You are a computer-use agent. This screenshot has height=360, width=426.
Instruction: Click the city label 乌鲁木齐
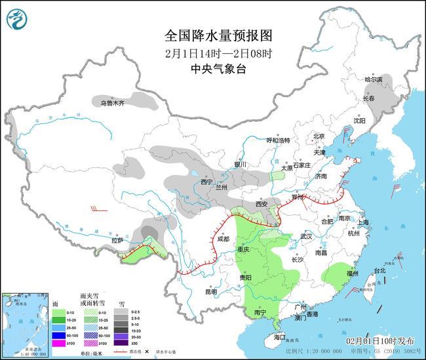[x=111, y=103]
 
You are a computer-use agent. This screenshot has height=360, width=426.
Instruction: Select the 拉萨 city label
[x=117, y=241]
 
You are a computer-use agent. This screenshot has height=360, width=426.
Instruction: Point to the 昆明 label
[x=210, y=291]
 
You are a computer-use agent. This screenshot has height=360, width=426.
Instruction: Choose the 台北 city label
[x=379, y=270]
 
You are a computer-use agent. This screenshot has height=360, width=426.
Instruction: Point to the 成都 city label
[x=222, y=239]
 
